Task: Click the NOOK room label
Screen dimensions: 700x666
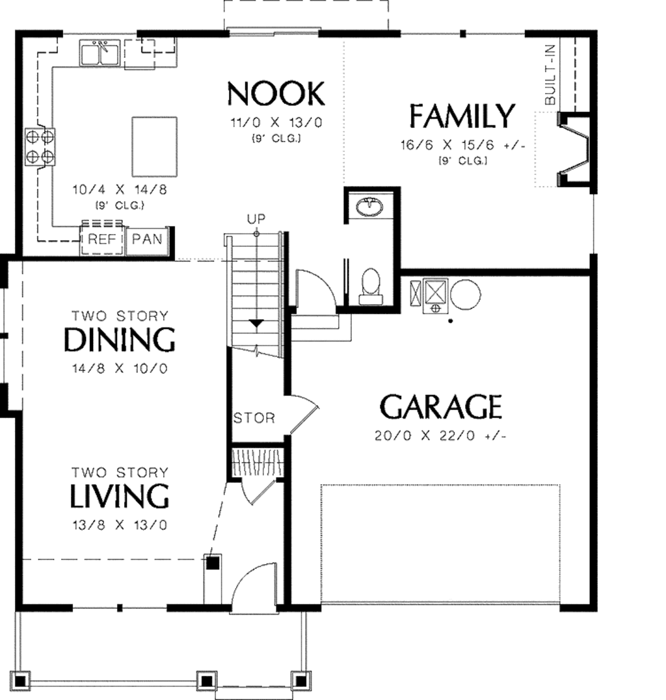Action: click(x=276, y=95)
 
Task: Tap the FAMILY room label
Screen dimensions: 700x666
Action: click(x=462, y=116)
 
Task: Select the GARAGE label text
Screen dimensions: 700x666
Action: click(x=440, y=408)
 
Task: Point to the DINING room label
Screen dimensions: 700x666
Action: click(x=120, y=340)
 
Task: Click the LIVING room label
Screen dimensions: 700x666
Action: click(x=120, y=497)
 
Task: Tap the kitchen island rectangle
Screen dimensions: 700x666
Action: click(x=154, y=146)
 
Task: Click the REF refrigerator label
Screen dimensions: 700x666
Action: click(x=101, y=239)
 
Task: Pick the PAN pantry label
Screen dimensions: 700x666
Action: click(x=146, y=239)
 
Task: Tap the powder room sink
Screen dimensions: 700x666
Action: click(x=371, y=207)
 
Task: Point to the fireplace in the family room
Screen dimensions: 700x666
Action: click(x=574, y=149)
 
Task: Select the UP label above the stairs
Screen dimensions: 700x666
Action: click(x=256, y=218)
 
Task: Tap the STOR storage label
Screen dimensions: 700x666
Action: click(x=254, y=418)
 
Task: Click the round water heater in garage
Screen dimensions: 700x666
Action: click(x=466, y=294)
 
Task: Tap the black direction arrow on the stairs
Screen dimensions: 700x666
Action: click(x=257, y=323)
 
